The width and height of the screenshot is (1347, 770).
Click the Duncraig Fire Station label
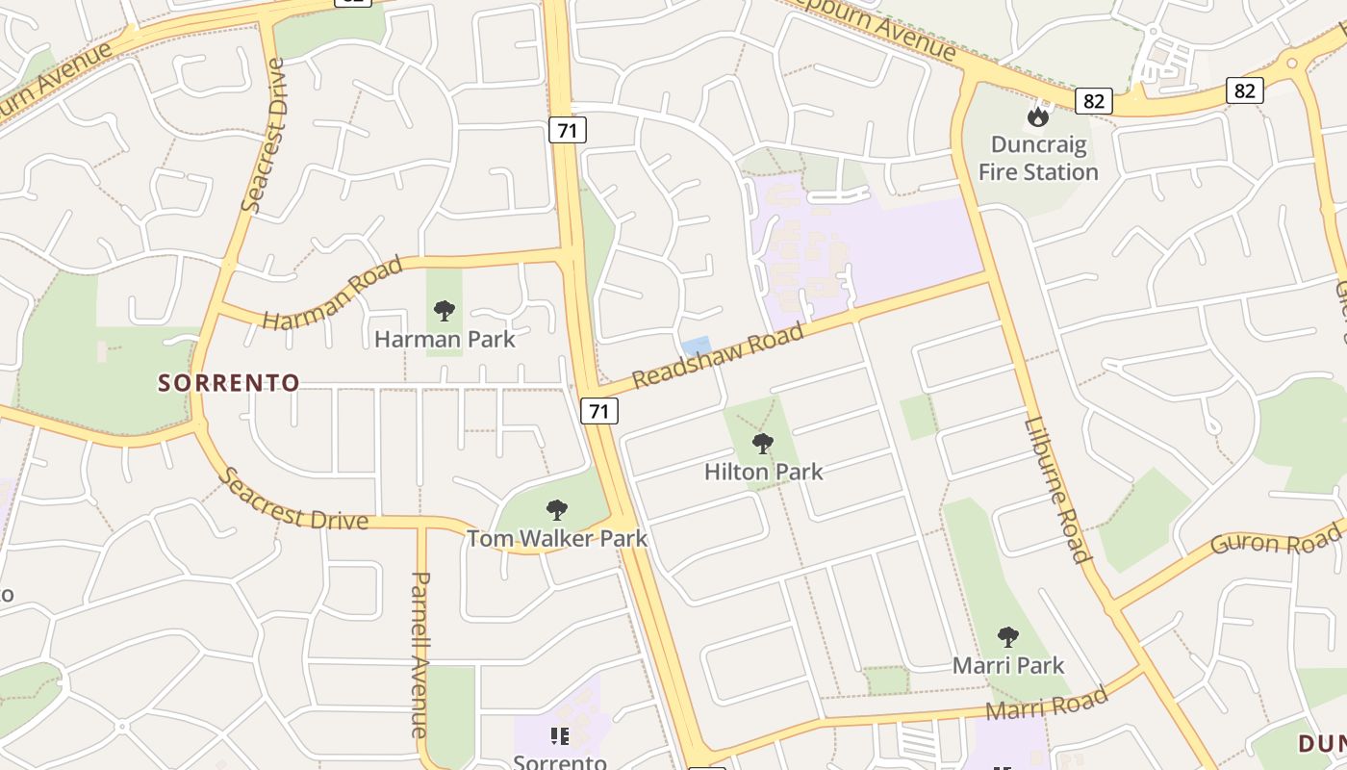1038,159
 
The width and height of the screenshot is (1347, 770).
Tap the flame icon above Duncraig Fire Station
1037,117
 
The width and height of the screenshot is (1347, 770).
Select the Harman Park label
445,339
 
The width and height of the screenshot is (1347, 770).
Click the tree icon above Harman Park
444,310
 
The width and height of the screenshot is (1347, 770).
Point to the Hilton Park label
763,472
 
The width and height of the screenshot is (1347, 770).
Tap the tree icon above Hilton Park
763,444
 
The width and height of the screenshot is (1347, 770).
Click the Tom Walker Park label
557,538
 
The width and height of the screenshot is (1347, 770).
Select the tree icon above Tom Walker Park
557,510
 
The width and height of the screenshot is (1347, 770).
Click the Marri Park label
1008,665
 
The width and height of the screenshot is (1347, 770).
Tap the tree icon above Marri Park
1007,636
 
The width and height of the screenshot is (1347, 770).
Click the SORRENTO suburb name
229,383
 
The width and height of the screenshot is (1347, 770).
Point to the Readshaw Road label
718,355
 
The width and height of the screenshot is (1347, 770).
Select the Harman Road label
332,294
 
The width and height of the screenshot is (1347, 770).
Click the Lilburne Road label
1058,488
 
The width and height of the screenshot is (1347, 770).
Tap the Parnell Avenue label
420,654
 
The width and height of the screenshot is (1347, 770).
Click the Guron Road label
1276,540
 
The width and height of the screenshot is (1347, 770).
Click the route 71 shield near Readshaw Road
598,411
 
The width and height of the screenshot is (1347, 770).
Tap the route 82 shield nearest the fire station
1093,101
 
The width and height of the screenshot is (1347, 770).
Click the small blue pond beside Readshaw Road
696,345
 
